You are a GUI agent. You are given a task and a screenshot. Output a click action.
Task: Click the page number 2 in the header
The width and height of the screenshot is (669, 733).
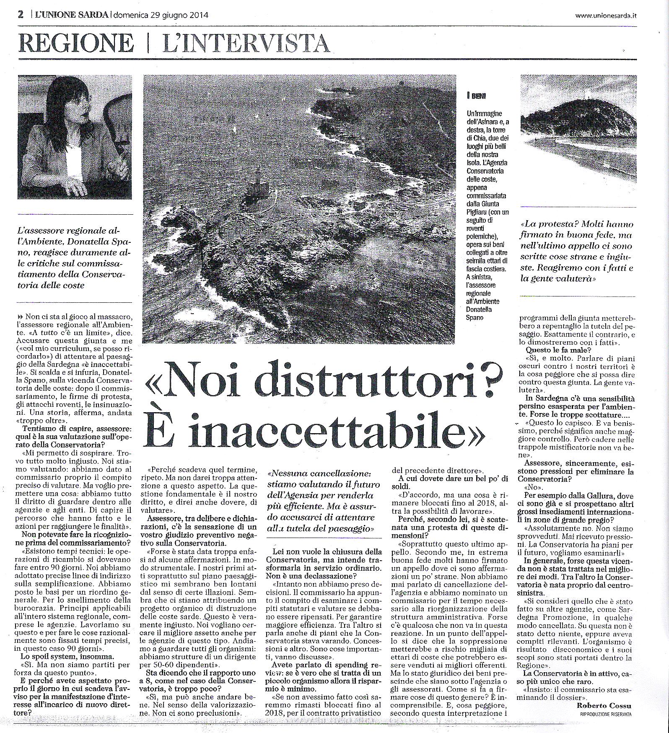[20, 15]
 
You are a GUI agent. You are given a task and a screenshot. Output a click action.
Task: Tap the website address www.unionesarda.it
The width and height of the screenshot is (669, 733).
[606, 16]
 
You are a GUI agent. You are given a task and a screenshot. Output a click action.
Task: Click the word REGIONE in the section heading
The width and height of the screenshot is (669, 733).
[76, 43]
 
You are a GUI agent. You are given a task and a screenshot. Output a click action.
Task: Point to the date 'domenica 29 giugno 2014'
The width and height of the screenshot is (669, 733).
[161, 15]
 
